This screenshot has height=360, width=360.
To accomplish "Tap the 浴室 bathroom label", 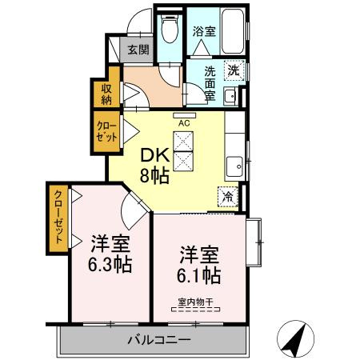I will click(x=205, y=32).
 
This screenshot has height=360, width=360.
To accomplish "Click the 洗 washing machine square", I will click(x=233, y=70).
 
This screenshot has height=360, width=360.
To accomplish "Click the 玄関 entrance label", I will click(x=138, y=50).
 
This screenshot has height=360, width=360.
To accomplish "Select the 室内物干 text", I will click(x=196, y=302).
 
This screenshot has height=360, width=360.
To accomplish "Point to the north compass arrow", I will click(x=297, y=340).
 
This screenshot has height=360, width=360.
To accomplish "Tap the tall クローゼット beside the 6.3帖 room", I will click(x=58, y=218).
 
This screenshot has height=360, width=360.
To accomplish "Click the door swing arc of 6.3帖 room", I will click(x=131, y=214).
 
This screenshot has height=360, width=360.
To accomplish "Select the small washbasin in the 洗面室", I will click(x=230, y=98).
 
